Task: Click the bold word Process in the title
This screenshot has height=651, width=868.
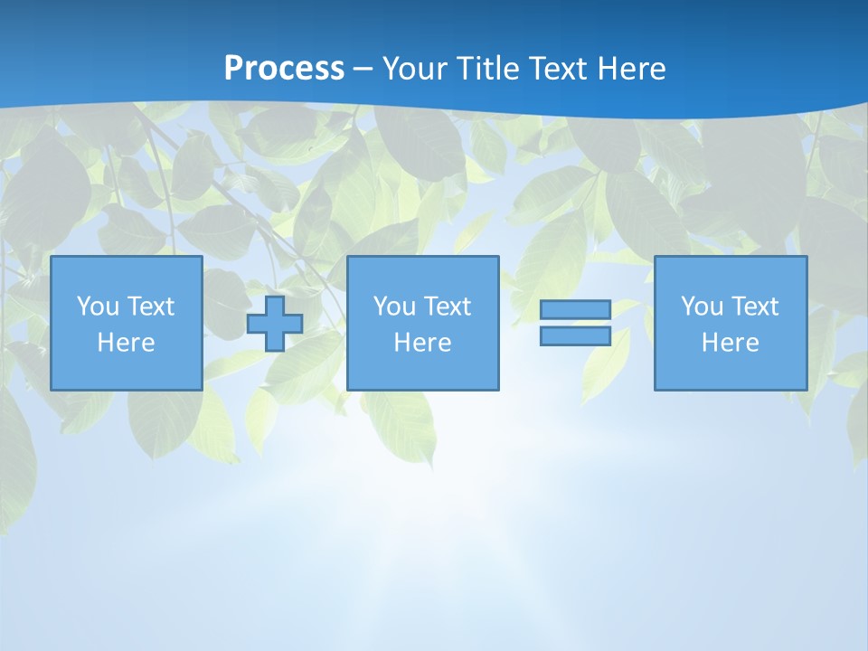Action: (x=284, y=69)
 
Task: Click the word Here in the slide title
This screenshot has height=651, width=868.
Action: (x=631, y=69)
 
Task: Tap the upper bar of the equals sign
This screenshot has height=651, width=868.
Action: (x=575, y=310)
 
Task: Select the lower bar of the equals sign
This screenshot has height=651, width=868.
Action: (x=575, y=336)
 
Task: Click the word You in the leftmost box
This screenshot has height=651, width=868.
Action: (x=98, y=307)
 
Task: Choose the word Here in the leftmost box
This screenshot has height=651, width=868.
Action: (x=126, y=343)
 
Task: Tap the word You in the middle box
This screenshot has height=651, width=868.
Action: (x=394, y=307)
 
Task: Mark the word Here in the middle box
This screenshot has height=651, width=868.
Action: (x=422, y=343)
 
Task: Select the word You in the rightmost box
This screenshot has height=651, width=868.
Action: (x=702, y=307)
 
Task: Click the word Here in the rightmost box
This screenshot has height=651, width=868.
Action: (x=730, y=343)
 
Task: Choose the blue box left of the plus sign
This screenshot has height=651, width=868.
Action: (x=126, y=371)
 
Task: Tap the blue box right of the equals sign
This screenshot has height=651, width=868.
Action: (x=730, y=371)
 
